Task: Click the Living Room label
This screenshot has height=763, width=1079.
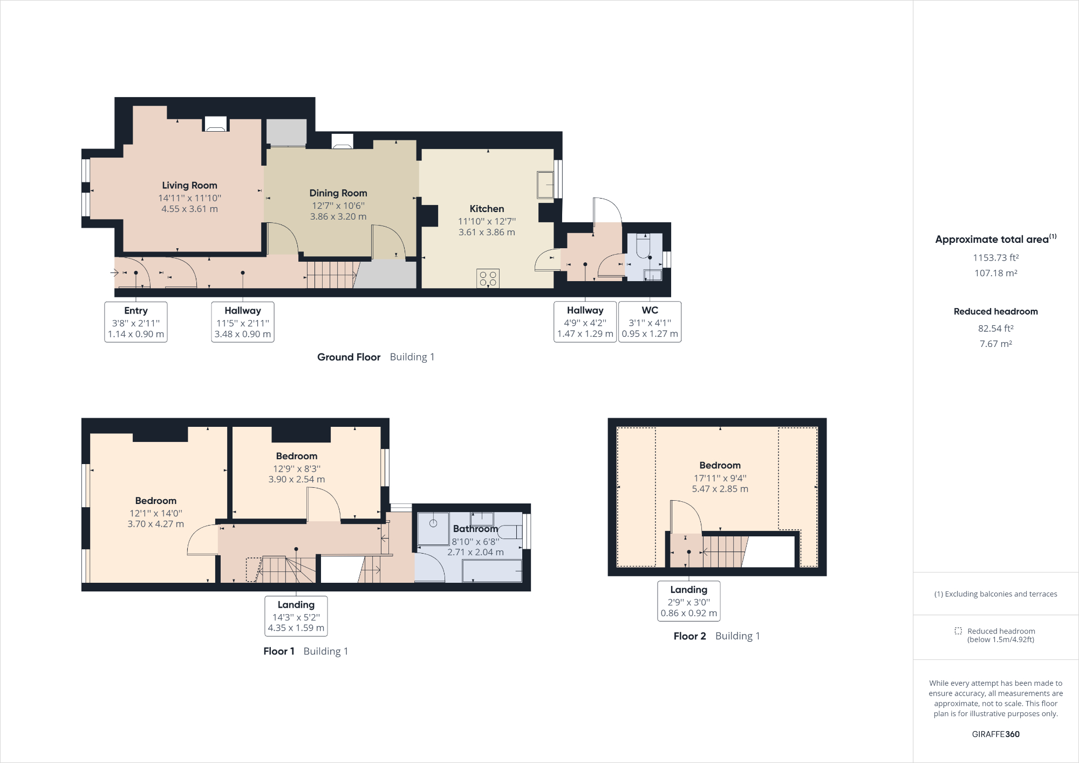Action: coord(189,185)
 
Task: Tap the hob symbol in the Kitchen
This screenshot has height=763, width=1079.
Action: coord(488,278)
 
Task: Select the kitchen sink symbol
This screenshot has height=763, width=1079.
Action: coord(545,185)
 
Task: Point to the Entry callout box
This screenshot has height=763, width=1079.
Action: coord(136,322)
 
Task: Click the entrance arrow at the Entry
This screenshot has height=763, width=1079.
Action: coord(114,272)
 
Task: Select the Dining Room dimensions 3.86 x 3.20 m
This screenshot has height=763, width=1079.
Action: coord(338,216)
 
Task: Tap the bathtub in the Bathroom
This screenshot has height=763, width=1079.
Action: coord(492,570)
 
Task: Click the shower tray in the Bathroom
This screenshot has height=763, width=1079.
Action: coord(433,528)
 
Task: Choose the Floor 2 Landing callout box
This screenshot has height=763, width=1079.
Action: coord(688,601)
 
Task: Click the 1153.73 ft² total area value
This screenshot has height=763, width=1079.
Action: coord(995,257)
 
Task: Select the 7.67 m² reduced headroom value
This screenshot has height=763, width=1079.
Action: coord(995,344)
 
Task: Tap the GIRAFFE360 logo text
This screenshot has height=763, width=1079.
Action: coord(995,734)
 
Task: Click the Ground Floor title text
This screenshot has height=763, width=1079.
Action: coord(349,357)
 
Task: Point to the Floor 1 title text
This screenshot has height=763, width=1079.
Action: coord(278,651)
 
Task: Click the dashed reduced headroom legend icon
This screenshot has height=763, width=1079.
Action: coord(958,631)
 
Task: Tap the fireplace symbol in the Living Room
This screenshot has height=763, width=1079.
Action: coord(215,125)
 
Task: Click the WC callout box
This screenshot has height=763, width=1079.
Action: coord(650,322)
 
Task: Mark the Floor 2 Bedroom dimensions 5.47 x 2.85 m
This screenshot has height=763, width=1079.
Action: coord(720,489)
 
